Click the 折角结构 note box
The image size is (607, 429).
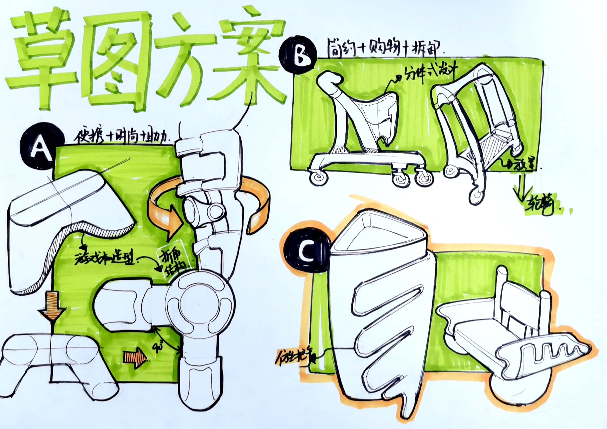(x=173, y=261)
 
